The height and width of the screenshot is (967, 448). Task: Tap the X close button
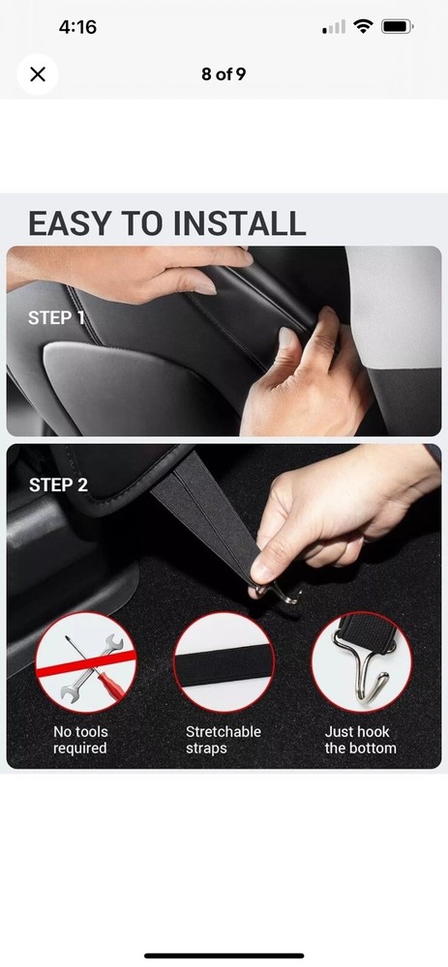coord(38,74)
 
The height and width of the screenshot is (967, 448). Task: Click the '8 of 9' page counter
coord(224,74)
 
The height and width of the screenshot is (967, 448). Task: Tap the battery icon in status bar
coord(397,26)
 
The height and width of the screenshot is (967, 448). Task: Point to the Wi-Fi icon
coord(363,26)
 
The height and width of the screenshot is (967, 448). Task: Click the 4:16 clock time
coord(77,27)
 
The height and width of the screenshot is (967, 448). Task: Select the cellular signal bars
coord(334,27)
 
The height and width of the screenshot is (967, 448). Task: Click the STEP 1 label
coord(56,317)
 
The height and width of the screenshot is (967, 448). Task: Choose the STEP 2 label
coord(59,484)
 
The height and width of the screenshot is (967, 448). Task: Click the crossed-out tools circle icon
coord(86,662)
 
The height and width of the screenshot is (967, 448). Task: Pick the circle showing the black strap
coord(224,662)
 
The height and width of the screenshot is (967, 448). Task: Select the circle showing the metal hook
coord(362,662)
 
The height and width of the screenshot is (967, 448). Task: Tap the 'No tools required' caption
coord(80,740)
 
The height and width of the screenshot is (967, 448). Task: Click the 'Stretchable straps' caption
coord(224,740)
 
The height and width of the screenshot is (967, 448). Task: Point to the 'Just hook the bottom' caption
coord(360,740)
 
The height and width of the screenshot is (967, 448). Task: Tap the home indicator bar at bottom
coord(224,956)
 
